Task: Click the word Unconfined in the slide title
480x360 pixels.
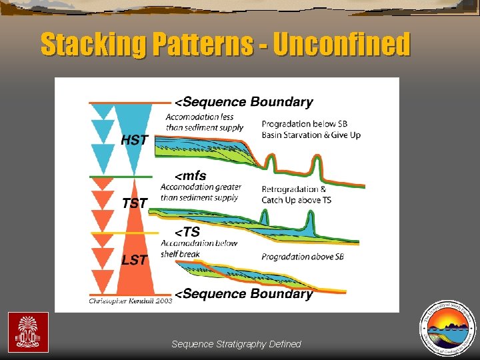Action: (341, 45)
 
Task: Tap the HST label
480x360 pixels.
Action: (135, 140)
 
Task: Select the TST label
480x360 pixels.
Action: (135, 203)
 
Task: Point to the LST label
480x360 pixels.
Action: (135, 259)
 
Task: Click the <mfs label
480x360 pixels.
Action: (191, 176)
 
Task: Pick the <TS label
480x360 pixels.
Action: (187, 232)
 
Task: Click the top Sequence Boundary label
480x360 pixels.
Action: (244, 102)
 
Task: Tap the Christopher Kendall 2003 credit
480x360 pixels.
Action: (131, 301)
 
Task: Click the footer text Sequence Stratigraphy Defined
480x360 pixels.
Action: (236, 344)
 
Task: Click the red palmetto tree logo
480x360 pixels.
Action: (27, 331)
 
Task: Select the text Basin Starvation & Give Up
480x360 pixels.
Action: (311, 135)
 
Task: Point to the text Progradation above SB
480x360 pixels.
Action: (303, 257)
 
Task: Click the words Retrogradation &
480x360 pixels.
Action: (293, 189)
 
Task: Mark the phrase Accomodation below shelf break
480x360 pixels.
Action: (199, 248)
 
